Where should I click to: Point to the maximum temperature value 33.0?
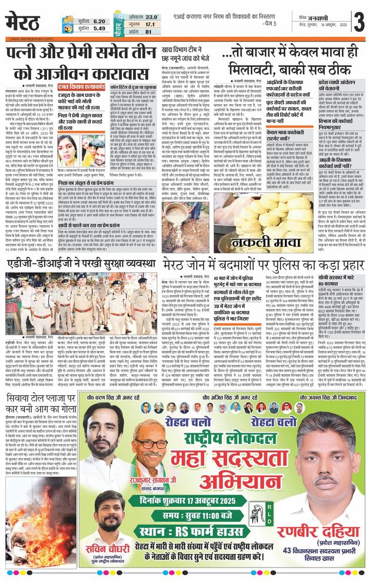coord(151,17)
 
